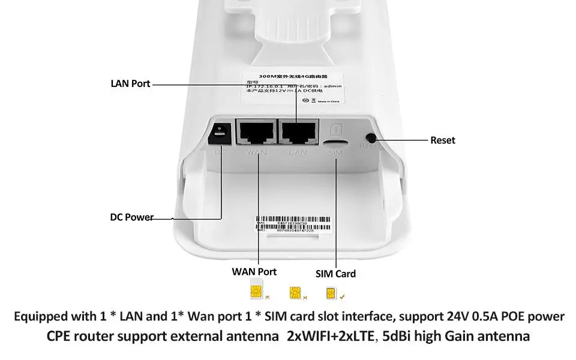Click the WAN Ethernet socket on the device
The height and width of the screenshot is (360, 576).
click(x=256, y=132)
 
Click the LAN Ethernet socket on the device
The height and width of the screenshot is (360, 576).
click(x=298, y=132)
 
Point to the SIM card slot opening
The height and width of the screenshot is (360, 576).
click(x=335, y=143)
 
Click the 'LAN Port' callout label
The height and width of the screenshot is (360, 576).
click(x=130, y=83)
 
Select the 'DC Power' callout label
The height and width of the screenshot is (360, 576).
click(x=131, y=217)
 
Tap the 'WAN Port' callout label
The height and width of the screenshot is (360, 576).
click(x=254, y=271)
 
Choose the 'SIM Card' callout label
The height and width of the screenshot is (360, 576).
click(x=335, y=274)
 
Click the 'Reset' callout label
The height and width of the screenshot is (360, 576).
click(x=443, y=140)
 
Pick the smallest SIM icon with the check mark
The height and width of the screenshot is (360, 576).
click(x=330, y=293)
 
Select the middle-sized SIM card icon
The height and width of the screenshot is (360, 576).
click(x=294, y=293)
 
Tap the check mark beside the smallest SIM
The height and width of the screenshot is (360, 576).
click(x=341, y=296)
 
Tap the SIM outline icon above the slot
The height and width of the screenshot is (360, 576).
click(x=336, y=129)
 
